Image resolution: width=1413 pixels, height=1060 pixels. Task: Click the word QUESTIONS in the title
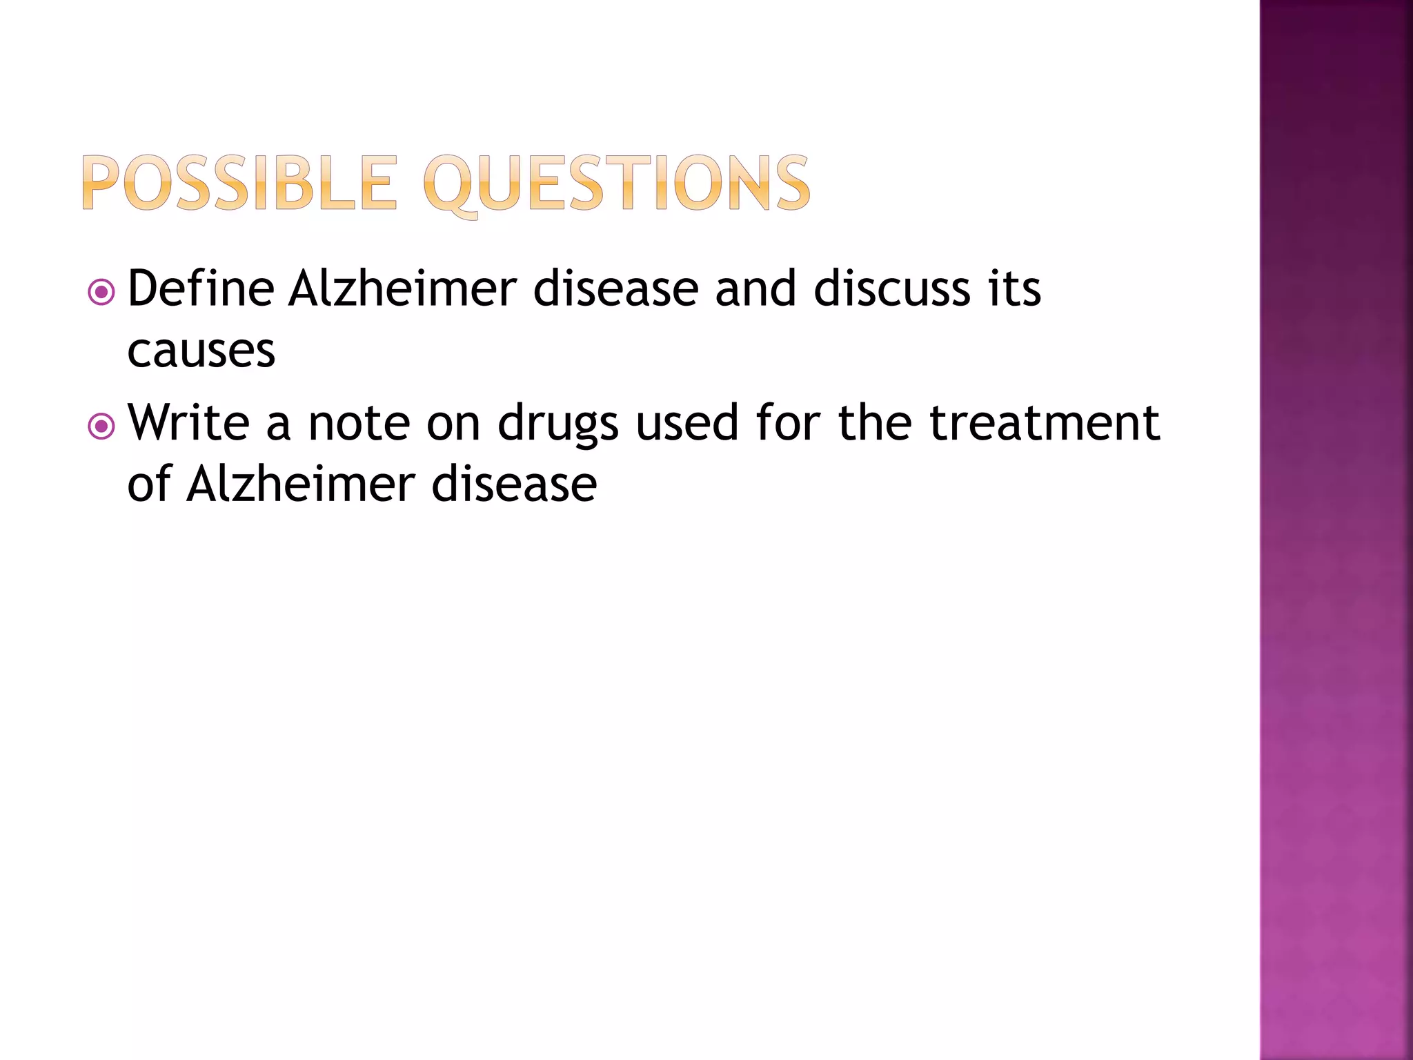[616, 184]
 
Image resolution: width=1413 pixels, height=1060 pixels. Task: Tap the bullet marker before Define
[101, 292]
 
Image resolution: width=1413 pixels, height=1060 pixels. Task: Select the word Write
[188, 422]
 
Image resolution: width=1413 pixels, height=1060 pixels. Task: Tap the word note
[359, 422]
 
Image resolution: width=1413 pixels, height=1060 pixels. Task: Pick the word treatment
[1045, 422]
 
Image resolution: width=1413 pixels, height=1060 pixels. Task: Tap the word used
[687, 422]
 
